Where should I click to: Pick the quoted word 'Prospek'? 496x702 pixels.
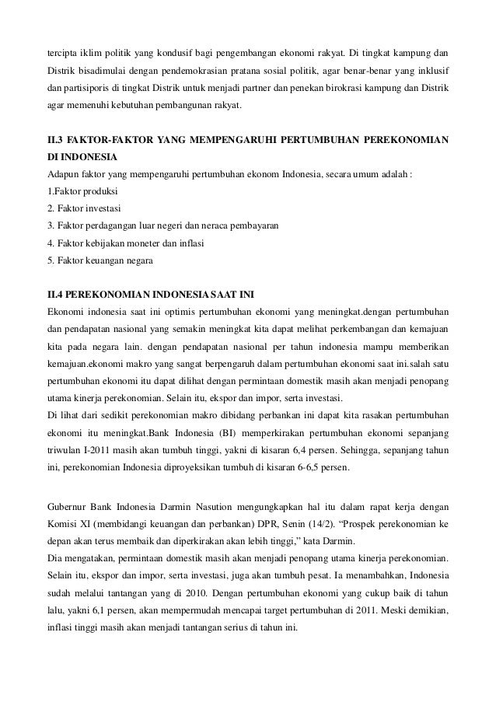(x=346, y=524)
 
